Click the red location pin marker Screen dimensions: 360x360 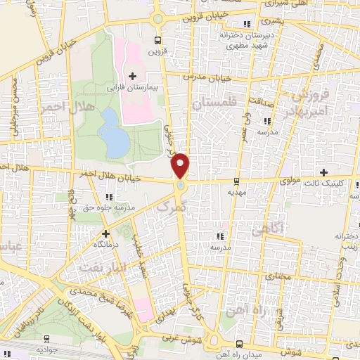point(181,165)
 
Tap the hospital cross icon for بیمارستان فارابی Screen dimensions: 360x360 point(132,75)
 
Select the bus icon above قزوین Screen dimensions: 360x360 point(157,40)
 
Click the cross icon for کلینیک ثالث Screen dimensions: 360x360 point(323,172)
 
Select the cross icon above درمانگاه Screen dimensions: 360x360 point(105,233)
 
